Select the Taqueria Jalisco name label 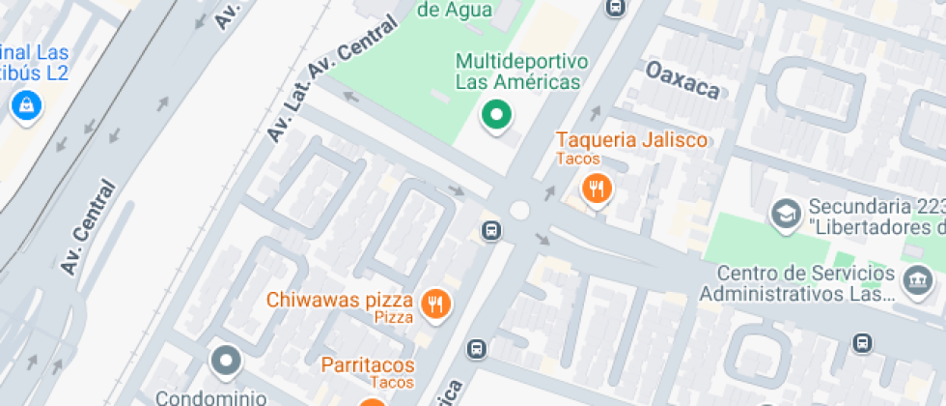pyautogui.click(x=631, y=140)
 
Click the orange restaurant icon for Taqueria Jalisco pyautogui.click(x=598, y=189)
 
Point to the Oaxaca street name pyautogui.click(x=682, y=81)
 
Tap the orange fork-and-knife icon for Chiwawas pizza pyautogui.click(x=436, y=304)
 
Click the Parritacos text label pyautogui.click(x=368, y=365)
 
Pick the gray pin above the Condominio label pyautogui.click(x=227, y=362)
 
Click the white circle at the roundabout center pyautogui.click(x=520, y=210)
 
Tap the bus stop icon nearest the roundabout pyautogui.click(x=490, y=231)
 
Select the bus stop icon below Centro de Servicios pyautogui.click(x=861, y=342)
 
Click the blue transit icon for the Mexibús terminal pyautogui.click(x=25, y=105)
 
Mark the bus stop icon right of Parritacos pyautogui.click(x=476, y=348)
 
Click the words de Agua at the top pyautogui.click(x=455, y=11)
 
